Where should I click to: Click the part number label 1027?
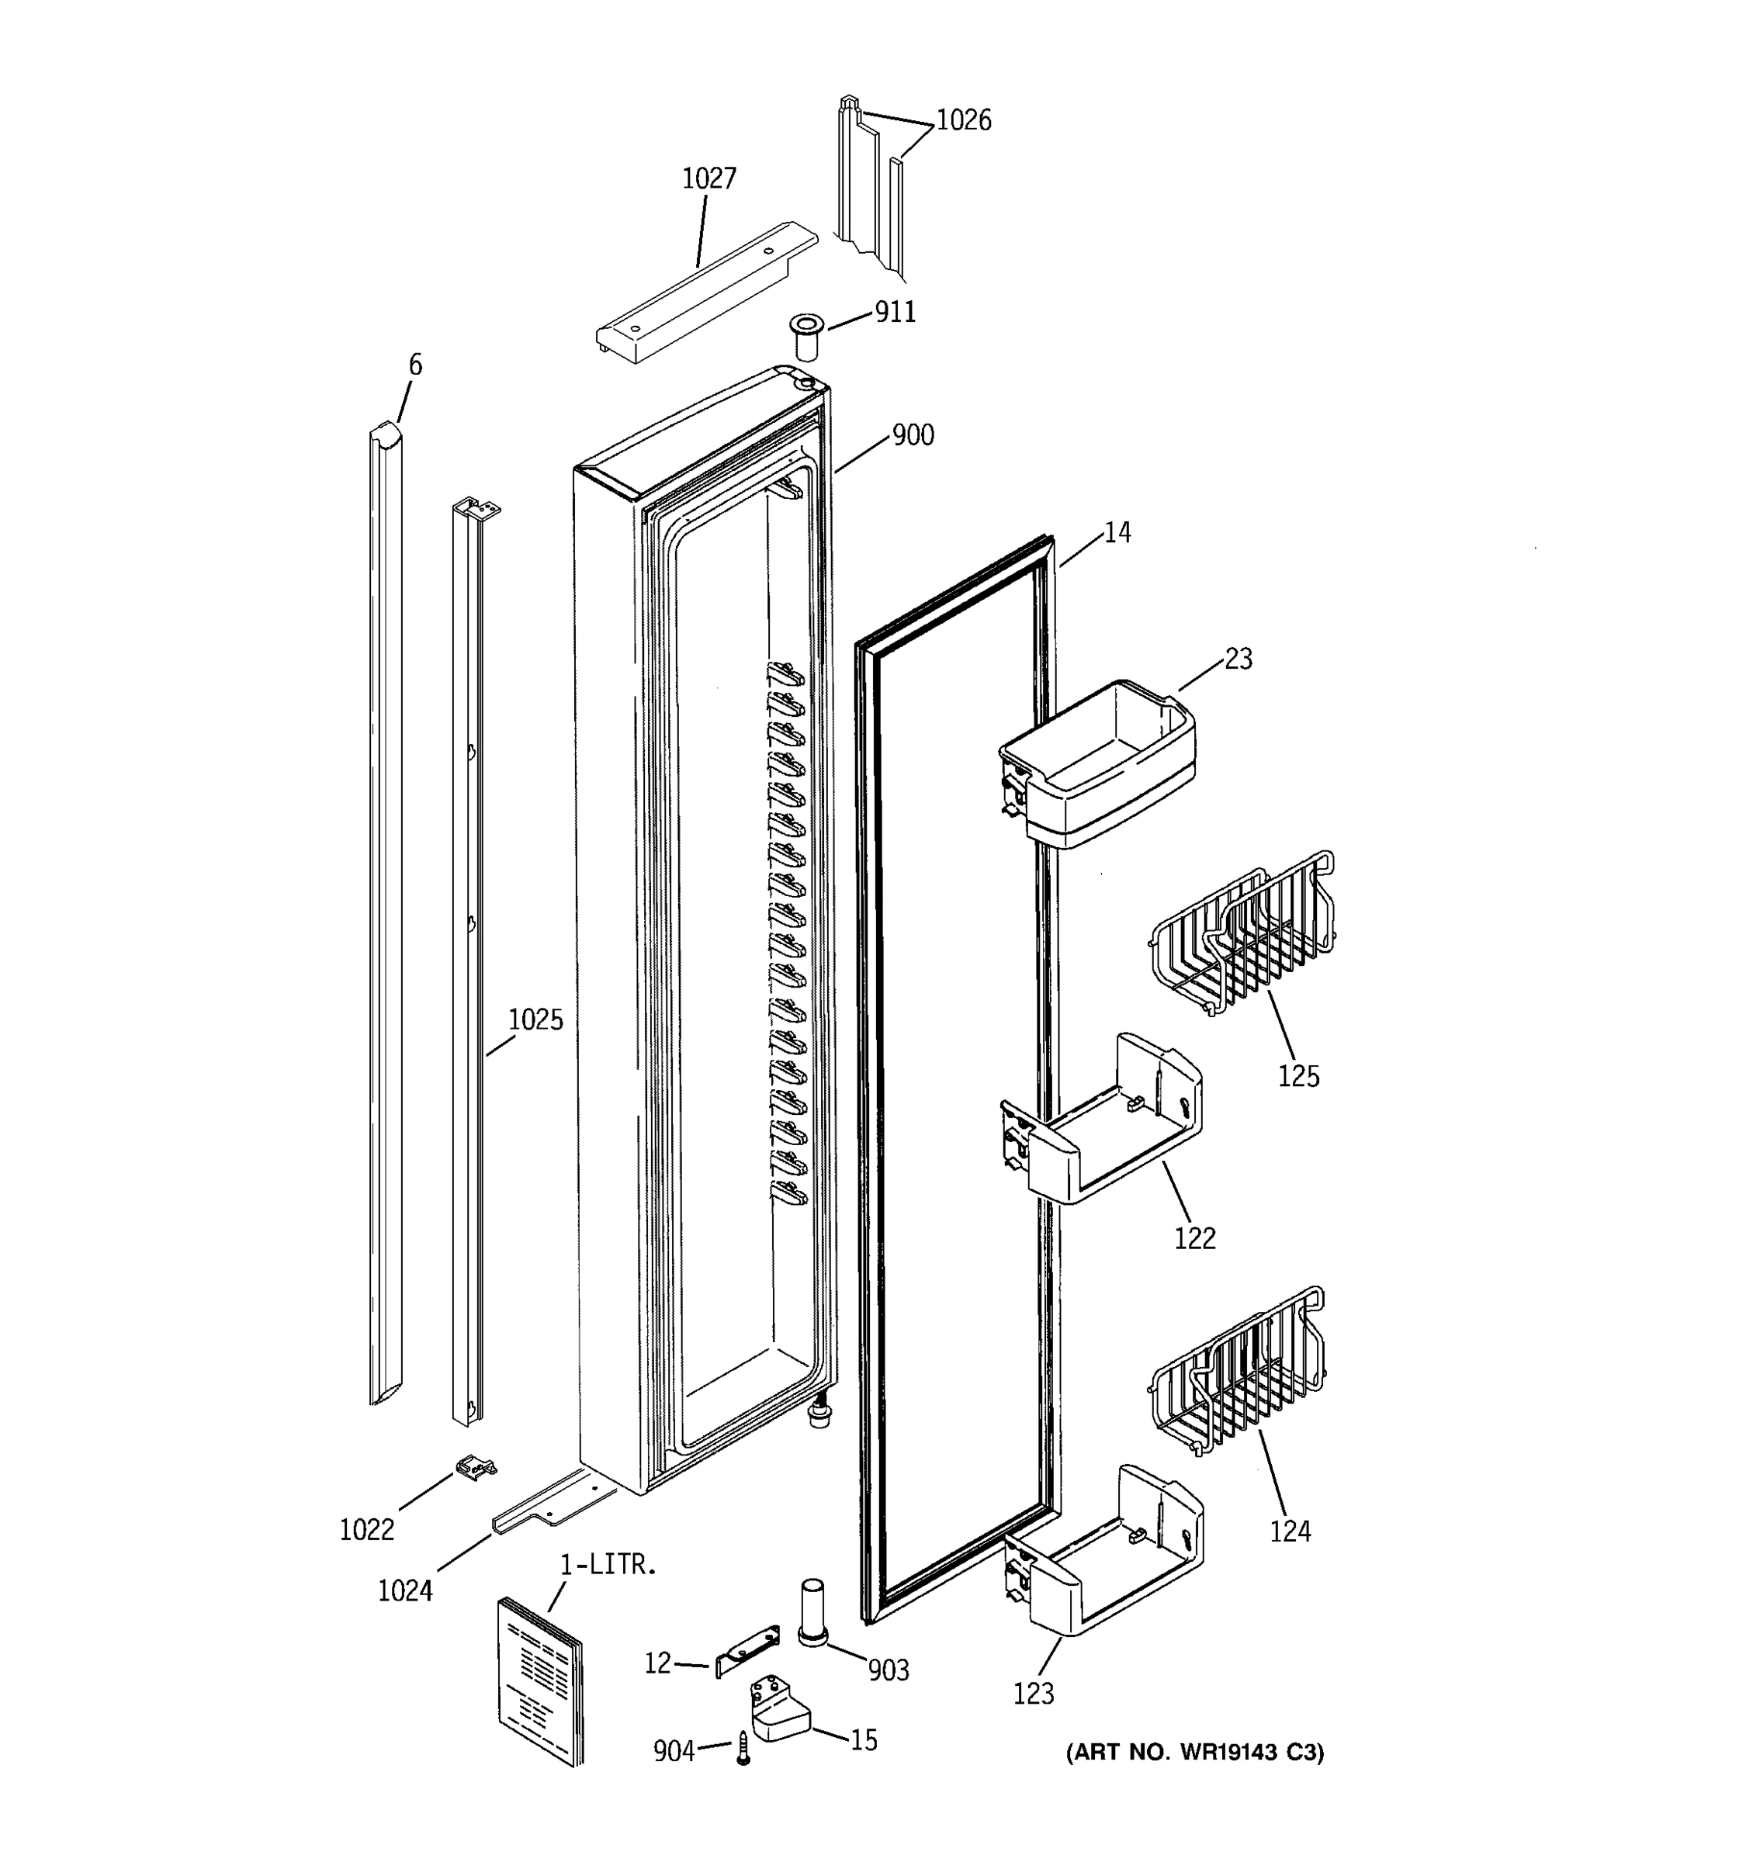(x=708, y=178)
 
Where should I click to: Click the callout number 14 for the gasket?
(x=1117, y=533)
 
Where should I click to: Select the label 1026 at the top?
(x=963, y=121)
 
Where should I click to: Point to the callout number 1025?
(x=535, y=1020)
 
